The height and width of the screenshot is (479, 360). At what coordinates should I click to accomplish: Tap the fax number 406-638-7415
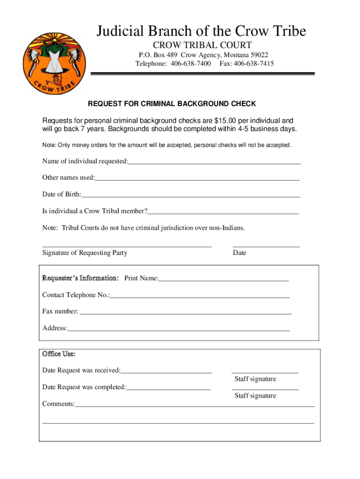(254, 64)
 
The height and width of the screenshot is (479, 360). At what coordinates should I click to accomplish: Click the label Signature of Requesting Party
(85, 253)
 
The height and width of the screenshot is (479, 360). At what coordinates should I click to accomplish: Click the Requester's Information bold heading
(80, 279)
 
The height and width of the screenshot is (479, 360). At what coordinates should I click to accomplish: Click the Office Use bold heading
(59, 354)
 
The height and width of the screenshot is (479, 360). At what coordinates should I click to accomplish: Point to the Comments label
(58, 404)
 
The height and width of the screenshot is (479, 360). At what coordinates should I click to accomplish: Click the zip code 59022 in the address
(259, 55)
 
